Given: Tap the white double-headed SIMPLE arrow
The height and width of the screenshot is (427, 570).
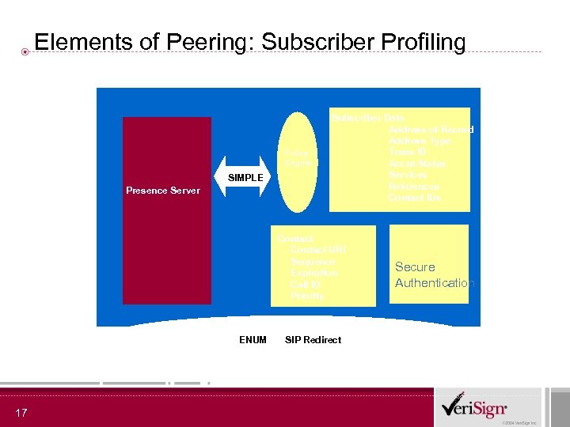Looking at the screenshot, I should click(245, 177).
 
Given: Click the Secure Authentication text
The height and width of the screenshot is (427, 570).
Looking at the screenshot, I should click(434, 275).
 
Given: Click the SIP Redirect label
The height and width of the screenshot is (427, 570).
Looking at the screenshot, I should click(313, 339).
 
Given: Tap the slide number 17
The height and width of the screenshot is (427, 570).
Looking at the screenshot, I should click(21, 412).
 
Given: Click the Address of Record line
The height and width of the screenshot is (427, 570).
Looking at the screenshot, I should click(431, 130).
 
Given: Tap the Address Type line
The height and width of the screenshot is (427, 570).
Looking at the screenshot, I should click(420, 141).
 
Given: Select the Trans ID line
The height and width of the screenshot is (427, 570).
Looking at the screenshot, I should click(408, 152).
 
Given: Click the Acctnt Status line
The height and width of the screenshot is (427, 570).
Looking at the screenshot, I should click(417, 164).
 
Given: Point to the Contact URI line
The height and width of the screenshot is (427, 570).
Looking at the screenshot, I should click(317, 250).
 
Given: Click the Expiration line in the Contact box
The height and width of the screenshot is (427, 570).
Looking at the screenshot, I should click(313, 273).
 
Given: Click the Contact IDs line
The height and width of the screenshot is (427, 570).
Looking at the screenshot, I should click(415, 198).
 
